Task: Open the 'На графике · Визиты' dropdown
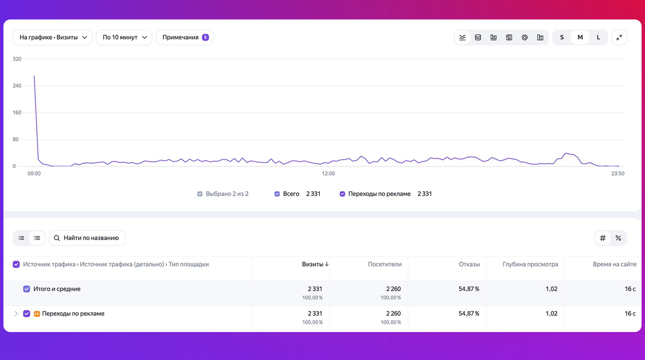[53, 38]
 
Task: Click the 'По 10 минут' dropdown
[124, 38]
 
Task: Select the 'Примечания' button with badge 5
[184, 38]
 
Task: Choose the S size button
[562, 38]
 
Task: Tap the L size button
[598, 38]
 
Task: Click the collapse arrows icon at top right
[619, 38]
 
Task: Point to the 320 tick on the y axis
[17, 59]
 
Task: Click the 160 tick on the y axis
[17, 112]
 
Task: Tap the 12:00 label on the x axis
[328, 174]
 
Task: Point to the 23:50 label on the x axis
[618, 174]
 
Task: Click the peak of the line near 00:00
[34, 76]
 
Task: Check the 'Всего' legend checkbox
[277, 194]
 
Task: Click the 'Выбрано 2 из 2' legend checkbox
[200, 194]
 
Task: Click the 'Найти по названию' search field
[87, 238]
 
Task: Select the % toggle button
[618, 238]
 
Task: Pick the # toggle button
[603, 238]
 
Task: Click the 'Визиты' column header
[313, 264]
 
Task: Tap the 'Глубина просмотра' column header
[531, 264]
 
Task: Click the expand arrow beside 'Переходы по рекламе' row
[16, 313]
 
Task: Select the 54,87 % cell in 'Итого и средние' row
[469, 289]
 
